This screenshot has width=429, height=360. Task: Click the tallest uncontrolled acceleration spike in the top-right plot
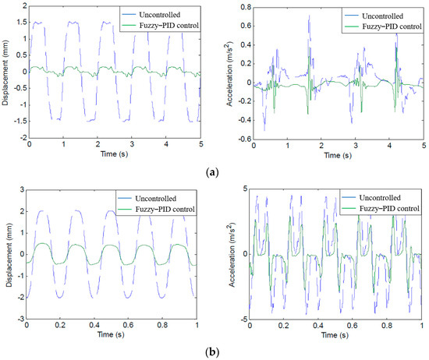(309, 16)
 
